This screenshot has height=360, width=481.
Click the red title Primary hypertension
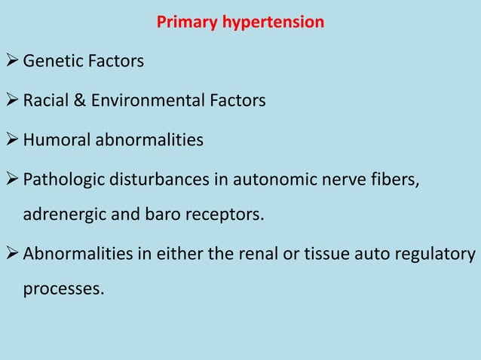[240, 22]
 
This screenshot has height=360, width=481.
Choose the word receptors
[225, 215]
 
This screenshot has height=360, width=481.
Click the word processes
[63, 288]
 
